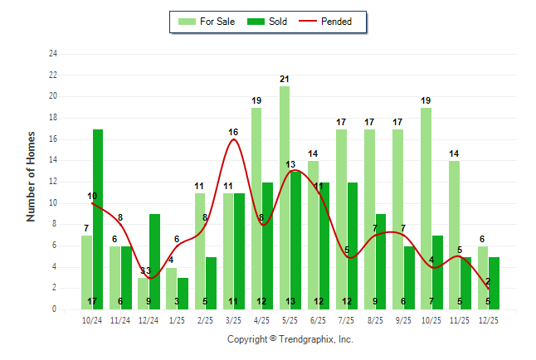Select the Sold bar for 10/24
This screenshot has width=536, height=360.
(98, 219)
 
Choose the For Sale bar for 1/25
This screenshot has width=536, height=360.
(171, 288)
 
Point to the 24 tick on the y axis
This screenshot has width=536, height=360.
(53, 54)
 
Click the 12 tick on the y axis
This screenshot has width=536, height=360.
(53, 182)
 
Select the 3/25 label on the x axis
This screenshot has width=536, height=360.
(233, 319)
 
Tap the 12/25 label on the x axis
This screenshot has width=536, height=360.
(488, 319)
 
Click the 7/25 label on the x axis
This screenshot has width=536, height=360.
(346, 319)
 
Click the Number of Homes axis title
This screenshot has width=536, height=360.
(32, 176)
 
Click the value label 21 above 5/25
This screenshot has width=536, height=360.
(285, 80)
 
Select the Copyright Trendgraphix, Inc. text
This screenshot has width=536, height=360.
(290, 339)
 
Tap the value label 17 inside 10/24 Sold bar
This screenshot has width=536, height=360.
(92, 301)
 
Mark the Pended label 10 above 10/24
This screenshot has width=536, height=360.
(92, 197)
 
